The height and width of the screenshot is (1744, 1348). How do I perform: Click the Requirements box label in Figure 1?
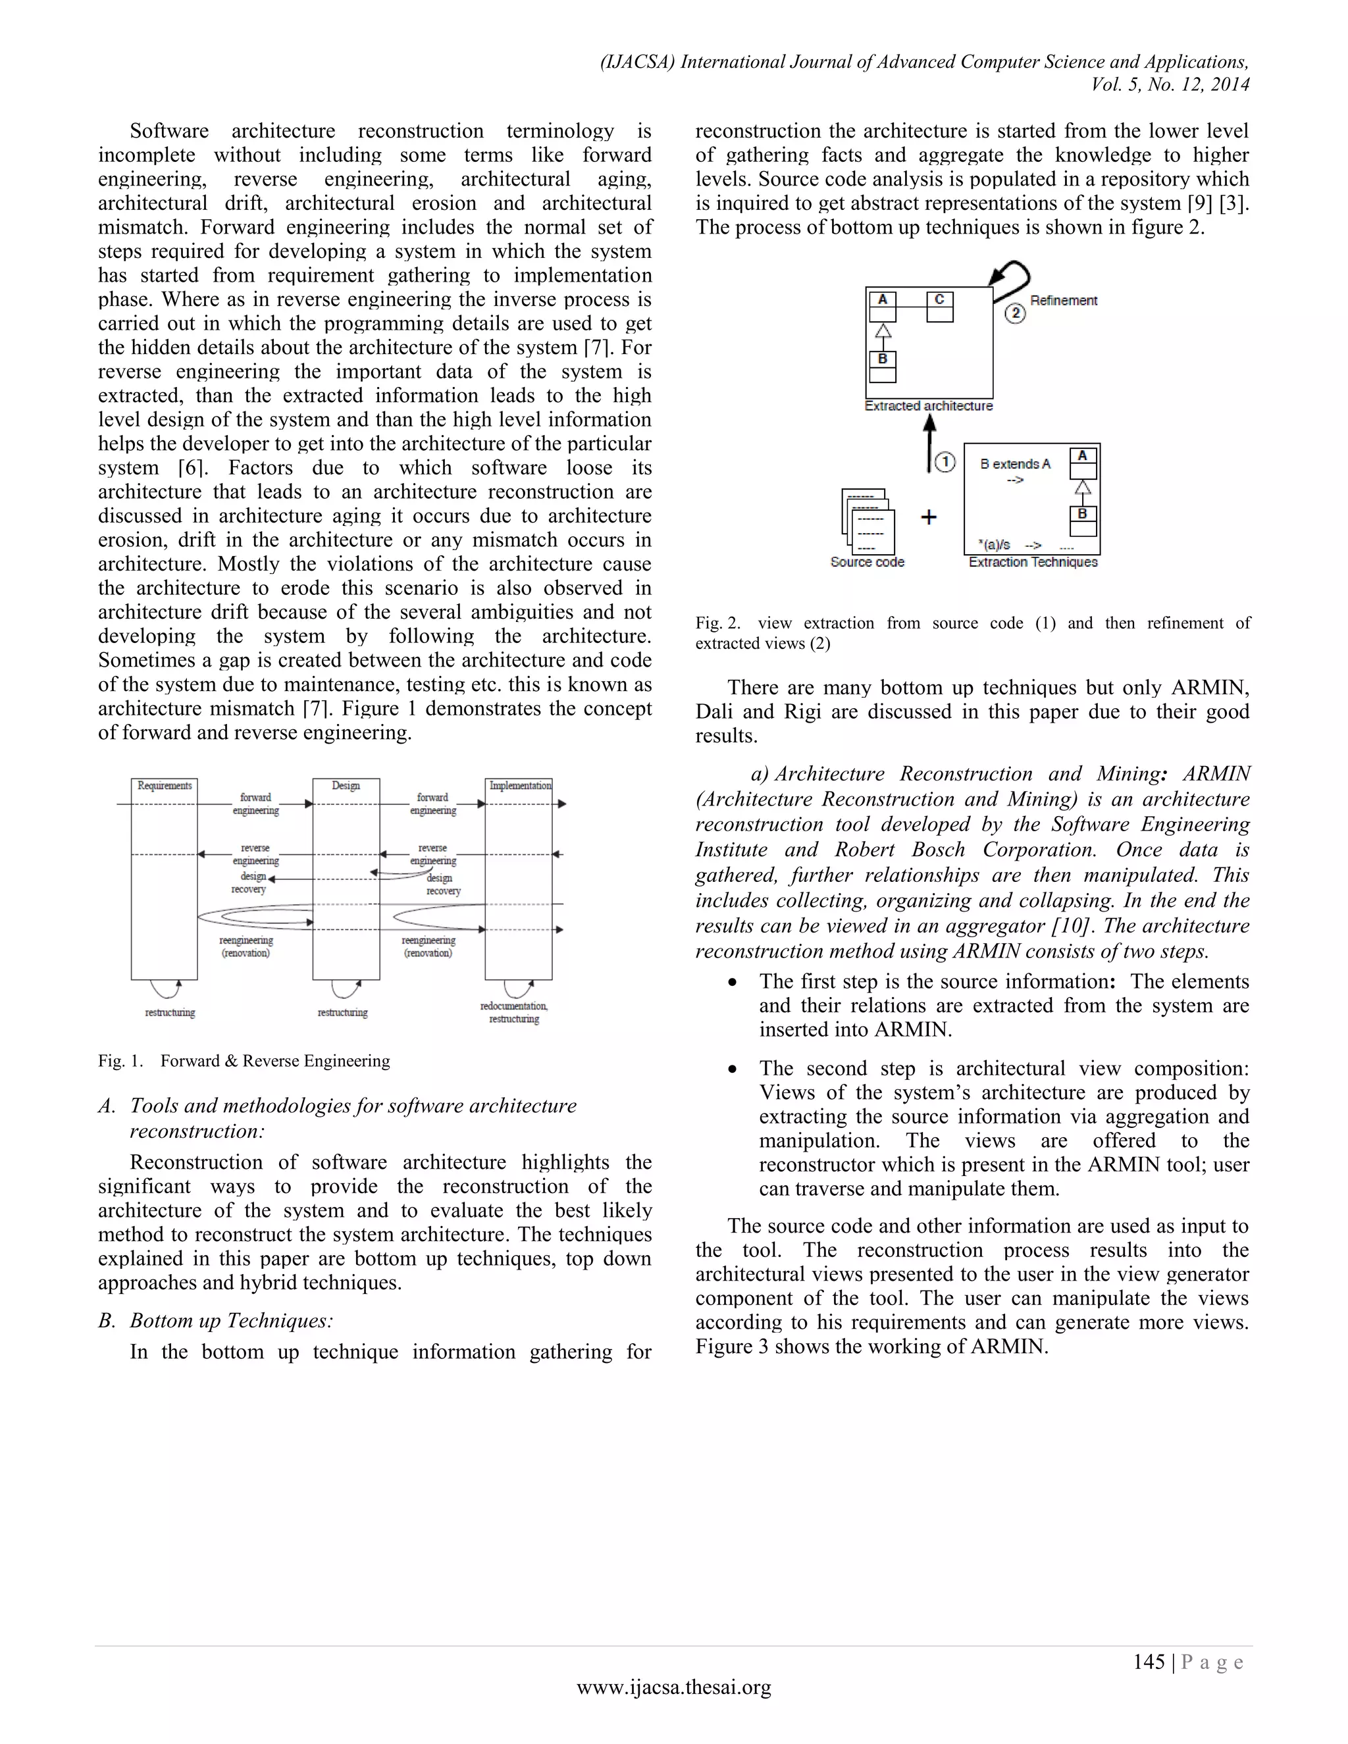click(165, 786)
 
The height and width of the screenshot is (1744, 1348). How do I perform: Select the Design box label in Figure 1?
click(346, 786)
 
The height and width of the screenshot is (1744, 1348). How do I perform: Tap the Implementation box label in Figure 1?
click(519, 786)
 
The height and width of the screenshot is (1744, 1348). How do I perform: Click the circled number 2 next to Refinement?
click(1014, 313)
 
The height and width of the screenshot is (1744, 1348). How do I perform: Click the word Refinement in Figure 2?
click(1063, 300)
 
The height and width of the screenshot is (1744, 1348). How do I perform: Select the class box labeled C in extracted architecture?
click(940, 306)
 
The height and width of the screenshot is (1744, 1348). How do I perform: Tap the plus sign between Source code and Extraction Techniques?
click(929, 517)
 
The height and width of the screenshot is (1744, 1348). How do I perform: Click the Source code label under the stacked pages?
click(868, 562)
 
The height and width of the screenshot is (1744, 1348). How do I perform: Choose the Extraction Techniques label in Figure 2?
click(1033, 562)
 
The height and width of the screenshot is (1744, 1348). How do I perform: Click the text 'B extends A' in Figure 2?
click(1015, 464)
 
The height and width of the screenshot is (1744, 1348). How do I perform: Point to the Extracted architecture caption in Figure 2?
click(929, 405)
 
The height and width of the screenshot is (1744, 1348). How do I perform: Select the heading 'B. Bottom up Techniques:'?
click(216, 1320)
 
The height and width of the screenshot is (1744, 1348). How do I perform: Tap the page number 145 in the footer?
click(1149, 1662)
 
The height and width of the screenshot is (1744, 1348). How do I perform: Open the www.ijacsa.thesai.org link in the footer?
click(673, 1687)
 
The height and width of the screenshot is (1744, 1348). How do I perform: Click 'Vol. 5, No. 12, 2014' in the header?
click(1170, 85)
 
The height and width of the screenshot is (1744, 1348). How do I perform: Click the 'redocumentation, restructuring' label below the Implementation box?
click(513, 1013)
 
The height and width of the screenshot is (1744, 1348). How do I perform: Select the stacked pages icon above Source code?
click(868, 521)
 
